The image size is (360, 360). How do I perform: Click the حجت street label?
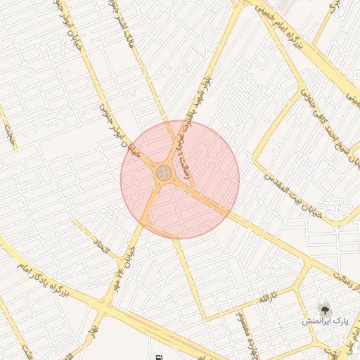tap(9, 131)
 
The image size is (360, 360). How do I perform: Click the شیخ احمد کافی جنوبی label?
tap(330, 127)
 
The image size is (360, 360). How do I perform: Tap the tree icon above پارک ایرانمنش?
tap(324, 309)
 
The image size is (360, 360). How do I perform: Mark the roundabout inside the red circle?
tap(164, 172)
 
